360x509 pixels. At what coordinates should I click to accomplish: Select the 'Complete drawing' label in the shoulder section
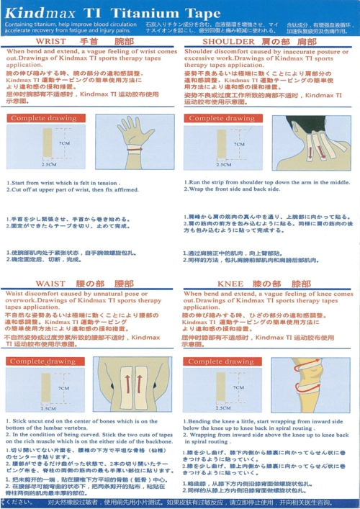coord(221,118)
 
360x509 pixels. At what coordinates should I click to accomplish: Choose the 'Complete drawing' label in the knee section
coord(221,361)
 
